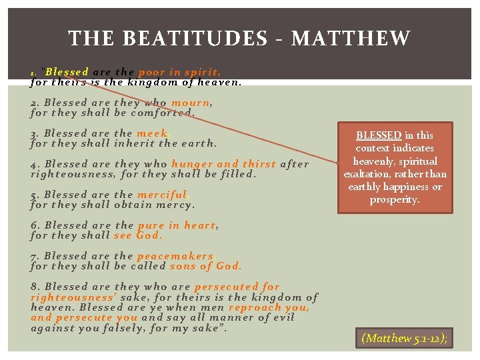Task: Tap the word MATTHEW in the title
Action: [351, 39]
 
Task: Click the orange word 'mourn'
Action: [191, 103]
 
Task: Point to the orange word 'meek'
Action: [153, 133]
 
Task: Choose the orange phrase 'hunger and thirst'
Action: [223, 164]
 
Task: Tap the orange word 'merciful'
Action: [163, 195]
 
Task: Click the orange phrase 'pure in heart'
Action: [177, 225]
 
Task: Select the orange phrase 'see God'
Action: [138, 235]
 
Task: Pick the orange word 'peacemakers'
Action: [175, 256]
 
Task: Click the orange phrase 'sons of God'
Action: [205, 265]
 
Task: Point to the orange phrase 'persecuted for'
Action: [237, 287]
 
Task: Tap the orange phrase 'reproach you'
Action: [268, 307]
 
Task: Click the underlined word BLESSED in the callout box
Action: [378, 135]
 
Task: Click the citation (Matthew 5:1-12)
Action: [404, 338]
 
